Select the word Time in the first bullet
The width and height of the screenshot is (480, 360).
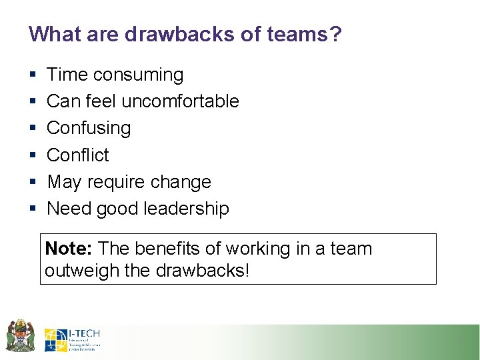tap(67, 75)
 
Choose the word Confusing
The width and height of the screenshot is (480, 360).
tap(89, 128)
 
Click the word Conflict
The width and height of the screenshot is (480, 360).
tap(78, 155)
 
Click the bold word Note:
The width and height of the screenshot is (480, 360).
tap(69, 249)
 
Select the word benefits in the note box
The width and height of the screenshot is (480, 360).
tap(170, 249)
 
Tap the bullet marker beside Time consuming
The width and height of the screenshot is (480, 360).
tap(32, 75)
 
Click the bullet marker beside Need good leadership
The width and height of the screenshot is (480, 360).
tap(32, 209)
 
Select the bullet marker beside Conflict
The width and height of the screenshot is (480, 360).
tap(32, 155)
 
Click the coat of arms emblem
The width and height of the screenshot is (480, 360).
tap(20, 335)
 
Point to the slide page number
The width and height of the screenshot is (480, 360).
tap(460, 343)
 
